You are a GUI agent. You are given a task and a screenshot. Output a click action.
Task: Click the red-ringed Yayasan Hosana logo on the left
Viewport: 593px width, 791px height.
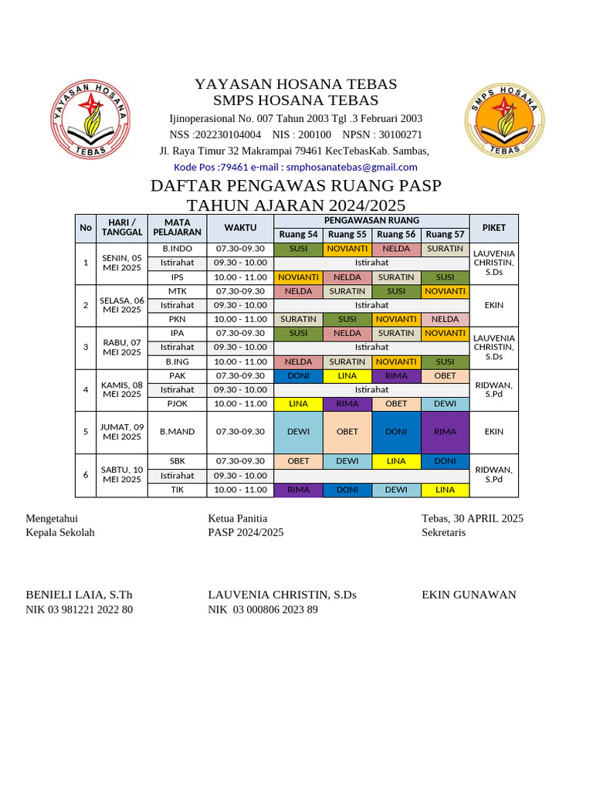click(x=90, y=120)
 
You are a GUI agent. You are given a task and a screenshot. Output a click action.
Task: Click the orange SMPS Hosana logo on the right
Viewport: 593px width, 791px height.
click(x=504, y=121)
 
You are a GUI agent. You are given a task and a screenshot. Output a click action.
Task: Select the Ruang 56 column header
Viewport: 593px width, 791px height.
click(x=396, y=234)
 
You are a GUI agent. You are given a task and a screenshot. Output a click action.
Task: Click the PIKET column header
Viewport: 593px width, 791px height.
click(x=493, y=228)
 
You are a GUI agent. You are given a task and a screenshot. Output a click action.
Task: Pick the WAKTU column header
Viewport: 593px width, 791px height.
click(x=240, y=228)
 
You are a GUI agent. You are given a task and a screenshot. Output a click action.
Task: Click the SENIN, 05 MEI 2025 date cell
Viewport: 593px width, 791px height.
click(x=122, y=263)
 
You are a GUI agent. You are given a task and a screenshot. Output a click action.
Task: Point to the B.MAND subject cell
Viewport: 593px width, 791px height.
click(x=177, y=432)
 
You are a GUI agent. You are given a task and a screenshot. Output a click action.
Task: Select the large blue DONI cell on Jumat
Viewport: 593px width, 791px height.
click(x=396, y=432)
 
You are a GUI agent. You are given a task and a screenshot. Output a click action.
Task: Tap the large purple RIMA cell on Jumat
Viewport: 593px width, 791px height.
click(x=445, y=432)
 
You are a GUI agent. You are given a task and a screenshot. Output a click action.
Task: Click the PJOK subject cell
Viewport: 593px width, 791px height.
click(x=177, y=403)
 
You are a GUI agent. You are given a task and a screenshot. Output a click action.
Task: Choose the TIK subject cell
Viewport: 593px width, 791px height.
click(x=177, y=489)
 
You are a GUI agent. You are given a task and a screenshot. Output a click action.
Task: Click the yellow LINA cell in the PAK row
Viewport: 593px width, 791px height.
click(x=347, y=375)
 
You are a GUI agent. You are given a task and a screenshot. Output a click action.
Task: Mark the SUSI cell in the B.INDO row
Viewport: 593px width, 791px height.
click(x=298, y=249)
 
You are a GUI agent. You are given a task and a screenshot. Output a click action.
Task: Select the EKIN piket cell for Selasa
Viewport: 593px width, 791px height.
click(x=493, y=305)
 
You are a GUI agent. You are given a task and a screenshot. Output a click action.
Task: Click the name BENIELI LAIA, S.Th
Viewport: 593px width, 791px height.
click(x=80, y=595)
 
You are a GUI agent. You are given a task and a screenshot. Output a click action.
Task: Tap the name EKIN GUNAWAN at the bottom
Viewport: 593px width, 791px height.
click(x=469, y=595)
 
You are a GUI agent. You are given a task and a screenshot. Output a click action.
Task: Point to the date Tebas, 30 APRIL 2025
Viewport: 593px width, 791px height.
click(x=472, y=518)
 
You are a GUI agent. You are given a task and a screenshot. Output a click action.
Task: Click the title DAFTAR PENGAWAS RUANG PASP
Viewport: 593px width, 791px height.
click(x=296, y=186)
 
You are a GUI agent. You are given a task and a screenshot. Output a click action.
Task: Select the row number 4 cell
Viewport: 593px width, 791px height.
click(x=86, y=389)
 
